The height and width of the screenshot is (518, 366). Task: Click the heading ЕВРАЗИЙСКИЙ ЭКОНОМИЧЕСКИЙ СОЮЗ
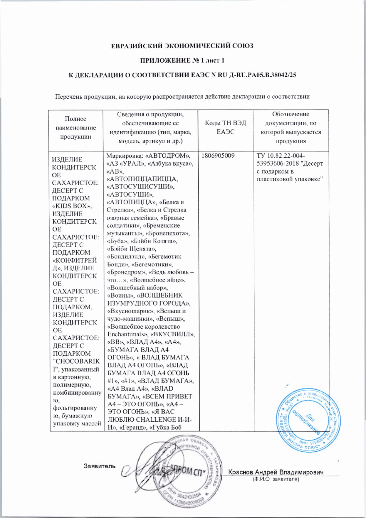[x=182, y=46]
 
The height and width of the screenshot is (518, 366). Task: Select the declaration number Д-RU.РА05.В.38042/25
[x=262, y=75]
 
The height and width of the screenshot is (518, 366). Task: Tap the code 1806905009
[x=218, y=156]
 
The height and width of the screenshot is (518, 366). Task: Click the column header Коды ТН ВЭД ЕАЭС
[x=225, y=127]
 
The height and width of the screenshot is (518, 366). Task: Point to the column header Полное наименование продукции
[x=75, y=128]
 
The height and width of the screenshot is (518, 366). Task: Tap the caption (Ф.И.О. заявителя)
[x=276, y=479]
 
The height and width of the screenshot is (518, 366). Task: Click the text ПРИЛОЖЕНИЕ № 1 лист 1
[x=182, y=61]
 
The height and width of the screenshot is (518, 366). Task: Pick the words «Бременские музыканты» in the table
[x=147, y=229]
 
